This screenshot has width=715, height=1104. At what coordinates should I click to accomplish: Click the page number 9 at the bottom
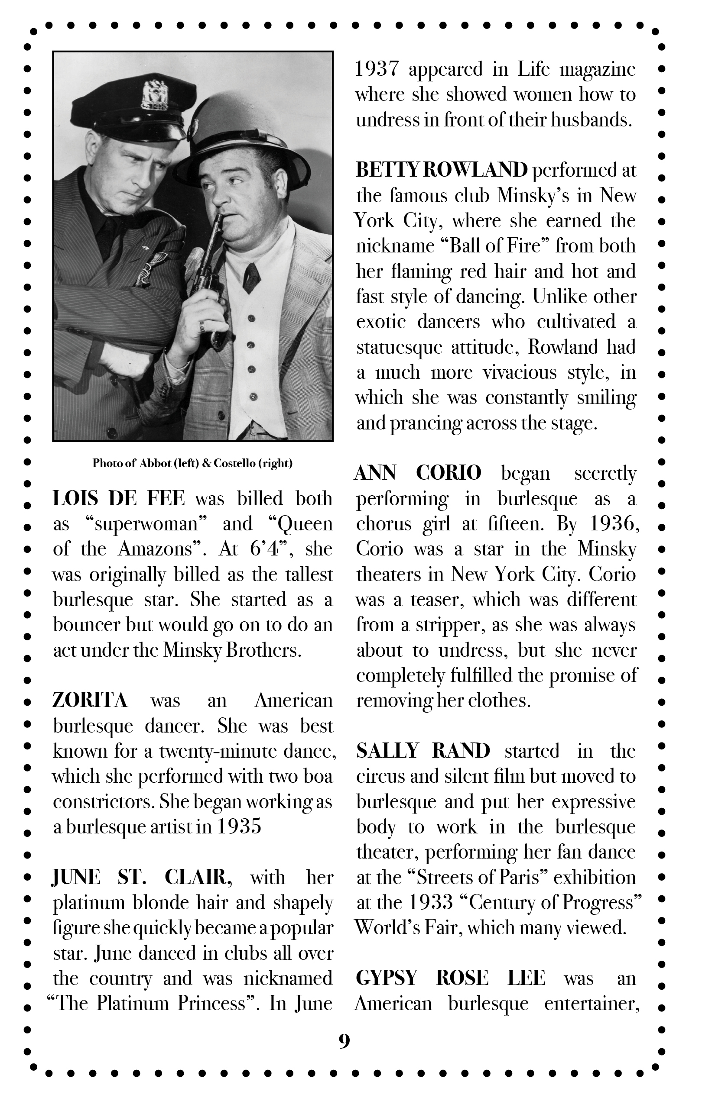coord(344,1041)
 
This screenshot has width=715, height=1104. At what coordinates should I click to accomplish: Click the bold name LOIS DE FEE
coord(118,499)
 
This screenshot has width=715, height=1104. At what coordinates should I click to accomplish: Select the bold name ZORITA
coord(90,700)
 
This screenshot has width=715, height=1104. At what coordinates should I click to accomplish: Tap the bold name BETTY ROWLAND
coord(442,170)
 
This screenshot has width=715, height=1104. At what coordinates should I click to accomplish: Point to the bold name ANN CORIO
coord(418,473)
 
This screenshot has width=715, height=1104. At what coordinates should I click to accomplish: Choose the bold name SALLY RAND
coord(423,751)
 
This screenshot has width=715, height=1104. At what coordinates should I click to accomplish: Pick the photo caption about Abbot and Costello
coord(192,463)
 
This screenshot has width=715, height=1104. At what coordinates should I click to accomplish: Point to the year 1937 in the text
coord(377,69)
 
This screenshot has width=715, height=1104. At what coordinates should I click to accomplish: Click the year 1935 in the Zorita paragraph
coord(239,826)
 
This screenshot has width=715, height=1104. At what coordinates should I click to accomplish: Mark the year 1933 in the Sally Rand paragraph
coord(429,902)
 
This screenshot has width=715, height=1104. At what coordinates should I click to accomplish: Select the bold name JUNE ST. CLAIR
coord(142,877)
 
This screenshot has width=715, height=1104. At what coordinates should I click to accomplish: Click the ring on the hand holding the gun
coord(202,326)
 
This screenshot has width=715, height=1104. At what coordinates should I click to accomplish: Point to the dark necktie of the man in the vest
coord(251,277)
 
